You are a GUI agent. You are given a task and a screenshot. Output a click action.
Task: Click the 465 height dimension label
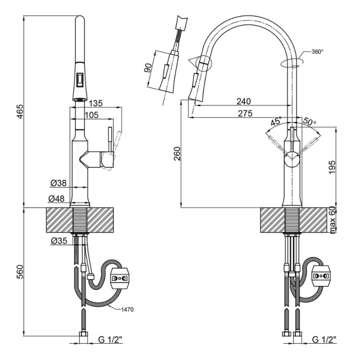[x=20, y=111]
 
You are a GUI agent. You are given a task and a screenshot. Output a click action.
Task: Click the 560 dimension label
[x=20, y=272]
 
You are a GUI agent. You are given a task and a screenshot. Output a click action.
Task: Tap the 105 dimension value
[x=91, y=115]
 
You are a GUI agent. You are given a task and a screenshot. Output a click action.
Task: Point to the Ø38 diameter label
[x=58, y=183]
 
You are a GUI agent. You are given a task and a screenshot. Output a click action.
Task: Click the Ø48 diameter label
[x=57, y=199]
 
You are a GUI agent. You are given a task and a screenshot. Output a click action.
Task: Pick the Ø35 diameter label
[x=59, y=241]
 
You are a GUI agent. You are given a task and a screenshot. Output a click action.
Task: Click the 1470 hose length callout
[x=127, y=310]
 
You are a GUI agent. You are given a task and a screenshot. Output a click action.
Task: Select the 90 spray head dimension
[x=148, y=68]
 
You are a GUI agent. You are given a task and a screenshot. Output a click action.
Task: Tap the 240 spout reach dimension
[x=244, y=101]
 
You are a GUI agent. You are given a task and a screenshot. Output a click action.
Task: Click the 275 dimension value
[x=245, y=113]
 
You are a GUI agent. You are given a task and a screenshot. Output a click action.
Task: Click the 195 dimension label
[x=332, y=167]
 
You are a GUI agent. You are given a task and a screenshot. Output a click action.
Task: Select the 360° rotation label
[x=317, y=52]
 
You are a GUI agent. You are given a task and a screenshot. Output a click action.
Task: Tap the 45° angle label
[x=276, y=121]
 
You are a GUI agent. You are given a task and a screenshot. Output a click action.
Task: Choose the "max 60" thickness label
[x=333, y=220]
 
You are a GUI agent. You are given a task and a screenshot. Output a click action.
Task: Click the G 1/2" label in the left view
[x=111, y=339]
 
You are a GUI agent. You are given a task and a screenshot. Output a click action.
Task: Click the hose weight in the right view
[x=321, y=276]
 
